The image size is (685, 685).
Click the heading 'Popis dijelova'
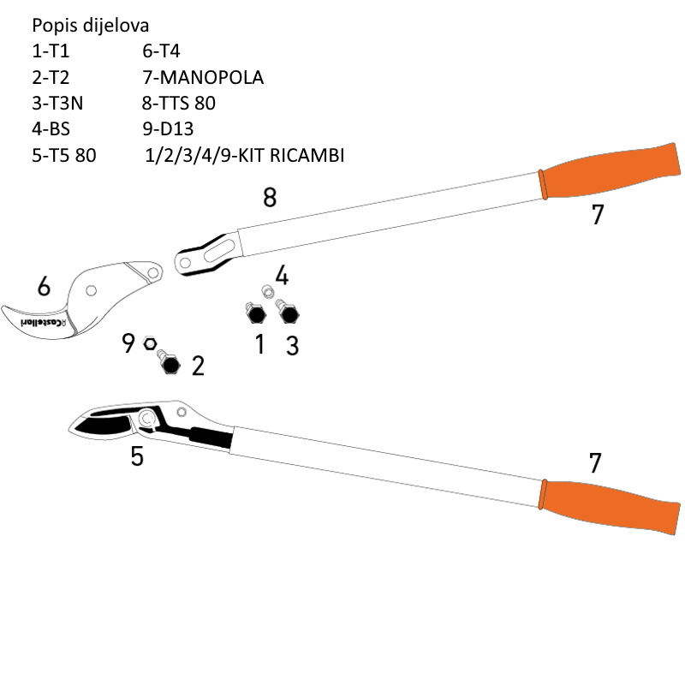[x=95, y=25]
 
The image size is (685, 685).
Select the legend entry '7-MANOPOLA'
[x=203, y=77]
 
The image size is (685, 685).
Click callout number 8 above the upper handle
[x=270, y=198]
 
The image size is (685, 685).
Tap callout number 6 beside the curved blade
[x=44, y=287]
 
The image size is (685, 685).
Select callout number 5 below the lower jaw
[x=137, y=456]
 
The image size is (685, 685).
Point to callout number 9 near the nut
[x=128, y=344]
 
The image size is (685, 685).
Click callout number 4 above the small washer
[x=282, y=276]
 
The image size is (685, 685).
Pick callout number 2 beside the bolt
[x=198, y=366]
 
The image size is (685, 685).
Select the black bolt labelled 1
[x=254, y=314]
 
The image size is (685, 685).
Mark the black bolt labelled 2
[x=170, y=364]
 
